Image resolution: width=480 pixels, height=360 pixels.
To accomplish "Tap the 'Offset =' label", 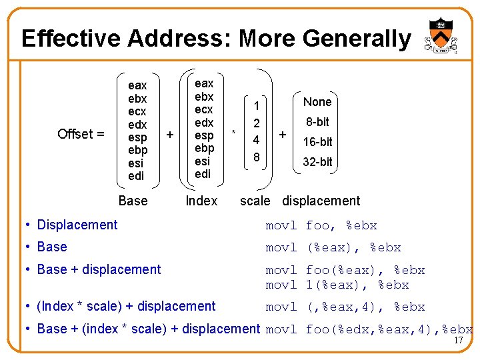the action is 81,134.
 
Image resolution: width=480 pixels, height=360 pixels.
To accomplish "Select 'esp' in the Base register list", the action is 137,137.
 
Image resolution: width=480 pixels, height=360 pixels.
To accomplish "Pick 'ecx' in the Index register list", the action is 204,109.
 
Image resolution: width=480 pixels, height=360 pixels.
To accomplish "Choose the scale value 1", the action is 255,106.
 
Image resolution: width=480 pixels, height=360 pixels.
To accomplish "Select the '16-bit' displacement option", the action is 317,142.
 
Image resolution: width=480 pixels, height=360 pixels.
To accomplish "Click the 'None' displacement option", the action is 317,102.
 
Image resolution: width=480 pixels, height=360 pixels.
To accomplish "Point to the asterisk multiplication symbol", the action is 234,133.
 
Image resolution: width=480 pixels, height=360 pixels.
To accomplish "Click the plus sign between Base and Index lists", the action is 170,135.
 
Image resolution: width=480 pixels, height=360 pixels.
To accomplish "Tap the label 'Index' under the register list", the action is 201,201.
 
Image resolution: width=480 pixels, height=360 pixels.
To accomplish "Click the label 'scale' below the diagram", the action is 255,201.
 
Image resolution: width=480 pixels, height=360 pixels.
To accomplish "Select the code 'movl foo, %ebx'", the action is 321,225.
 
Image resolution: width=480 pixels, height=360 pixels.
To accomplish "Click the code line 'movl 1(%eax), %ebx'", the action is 337,285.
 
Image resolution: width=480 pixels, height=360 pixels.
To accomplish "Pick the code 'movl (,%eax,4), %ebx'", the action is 345,307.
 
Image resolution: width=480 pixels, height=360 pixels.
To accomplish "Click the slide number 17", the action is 458,341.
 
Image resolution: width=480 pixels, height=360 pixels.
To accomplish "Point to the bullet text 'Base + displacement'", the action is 99,269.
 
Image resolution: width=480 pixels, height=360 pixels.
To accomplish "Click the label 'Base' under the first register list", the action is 133,201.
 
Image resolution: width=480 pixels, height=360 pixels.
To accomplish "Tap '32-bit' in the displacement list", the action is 317,162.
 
